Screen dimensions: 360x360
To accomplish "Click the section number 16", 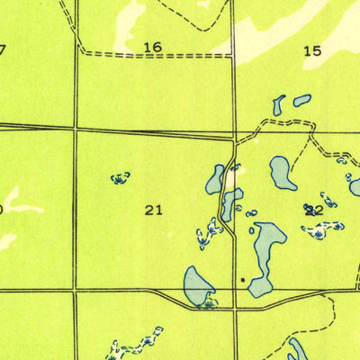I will coord(153,47).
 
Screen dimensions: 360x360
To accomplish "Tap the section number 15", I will coord(311,51).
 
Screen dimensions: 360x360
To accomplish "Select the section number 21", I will coord(154,210).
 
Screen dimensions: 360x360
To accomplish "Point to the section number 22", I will coord(314,210).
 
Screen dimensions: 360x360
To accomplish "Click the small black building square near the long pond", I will coord(242,280).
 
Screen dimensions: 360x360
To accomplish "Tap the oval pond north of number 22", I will coord(282,172).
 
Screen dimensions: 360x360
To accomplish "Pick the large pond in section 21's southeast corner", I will coord(198,284).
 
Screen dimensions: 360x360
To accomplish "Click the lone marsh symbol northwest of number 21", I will coord(120,178).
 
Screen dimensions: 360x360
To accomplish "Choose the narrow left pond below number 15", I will coord(279,105).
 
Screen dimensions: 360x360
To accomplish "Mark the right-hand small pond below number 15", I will coord(301,100).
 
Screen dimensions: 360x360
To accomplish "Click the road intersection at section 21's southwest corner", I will coord(76,290).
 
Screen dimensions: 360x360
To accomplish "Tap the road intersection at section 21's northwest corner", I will coord(76,129).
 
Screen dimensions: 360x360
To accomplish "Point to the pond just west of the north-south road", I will coord(216,179).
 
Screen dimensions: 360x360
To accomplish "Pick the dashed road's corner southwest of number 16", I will coord(81,52).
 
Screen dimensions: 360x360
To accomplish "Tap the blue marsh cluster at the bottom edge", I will coord(126,349).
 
